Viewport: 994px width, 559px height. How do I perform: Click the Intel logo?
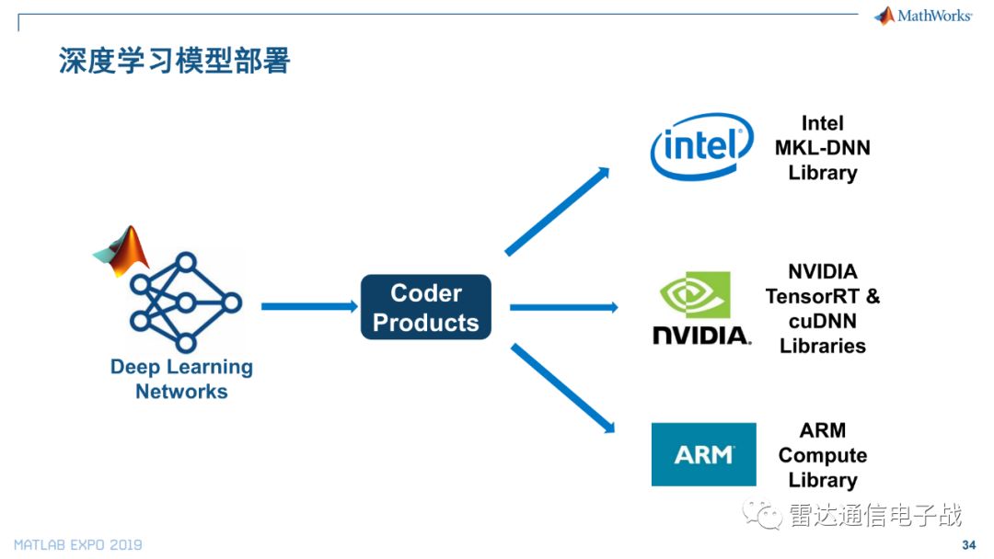[x=701, y=145]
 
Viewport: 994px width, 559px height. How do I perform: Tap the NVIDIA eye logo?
[x=696, y=294]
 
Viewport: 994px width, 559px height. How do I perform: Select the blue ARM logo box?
[x=703, y=454]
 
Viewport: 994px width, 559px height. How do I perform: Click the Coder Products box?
[x=425, y=307]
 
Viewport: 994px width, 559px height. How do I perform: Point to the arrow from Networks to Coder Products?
[x=308, y=306]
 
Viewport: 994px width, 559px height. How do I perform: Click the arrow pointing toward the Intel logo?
[x=558, y=211]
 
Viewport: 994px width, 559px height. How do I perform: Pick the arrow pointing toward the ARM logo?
[x=562, y=387]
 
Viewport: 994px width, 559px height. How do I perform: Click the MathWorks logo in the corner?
[x=923, y=16]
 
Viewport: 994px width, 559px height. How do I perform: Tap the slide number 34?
[x=968, y=545]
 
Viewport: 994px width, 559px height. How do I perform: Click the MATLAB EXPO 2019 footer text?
[x=78, y=545]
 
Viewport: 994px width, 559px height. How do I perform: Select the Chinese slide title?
[x=174, y=61]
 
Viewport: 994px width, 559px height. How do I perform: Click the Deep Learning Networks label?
[x=181, y=379]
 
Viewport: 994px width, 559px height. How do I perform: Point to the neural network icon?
[x=185, y=302]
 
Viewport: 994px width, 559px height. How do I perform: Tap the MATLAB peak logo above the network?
[x=122, y=250]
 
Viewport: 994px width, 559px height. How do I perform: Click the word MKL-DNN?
[x=822, y=148]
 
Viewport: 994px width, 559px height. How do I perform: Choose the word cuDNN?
[x=822, y=321]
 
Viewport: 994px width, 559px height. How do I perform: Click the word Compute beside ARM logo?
[x=822, y=455]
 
